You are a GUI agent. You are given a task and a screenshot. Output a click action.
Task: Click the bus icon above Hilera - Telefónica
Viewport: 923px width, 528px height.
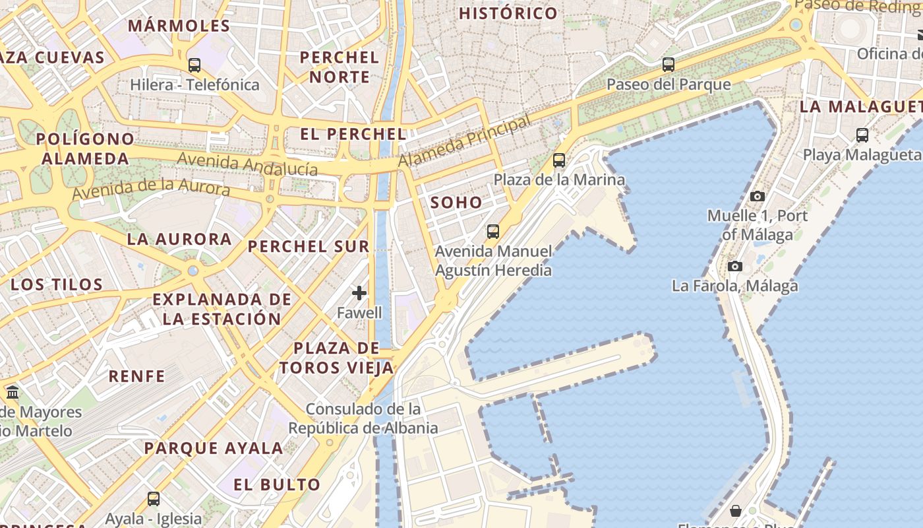[194, 65]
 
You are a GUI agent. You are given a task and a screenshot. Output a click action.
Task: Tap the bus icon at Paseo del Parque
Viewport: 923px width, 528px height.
[668, 65]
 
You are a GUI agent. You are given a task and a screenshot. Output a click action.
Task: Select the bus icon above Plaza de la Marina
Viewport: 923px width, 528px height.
[558, 160]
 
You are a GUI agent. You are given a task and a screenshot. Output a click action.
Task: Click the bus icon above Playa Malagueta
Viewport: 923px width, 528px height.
[862, 135]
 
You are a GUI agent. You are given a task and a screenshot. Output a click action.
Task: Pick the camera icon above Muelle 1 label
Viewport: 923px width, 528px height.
[757, 196]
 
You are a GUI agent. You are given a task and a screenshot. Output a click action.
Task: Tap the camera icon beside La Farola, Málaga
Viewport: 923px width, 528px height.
[734, 266]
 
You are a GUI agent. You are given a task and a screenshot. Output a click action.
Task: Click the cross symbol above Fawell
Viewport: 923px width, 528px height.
[359, 292]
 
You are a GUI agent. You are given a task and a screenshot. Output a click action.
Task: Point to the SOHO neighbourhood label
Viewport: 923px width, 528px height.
[456, 203]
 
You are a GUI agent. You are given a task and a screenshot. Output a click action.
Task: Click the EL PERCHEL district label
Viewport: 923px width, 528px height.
[353, 134]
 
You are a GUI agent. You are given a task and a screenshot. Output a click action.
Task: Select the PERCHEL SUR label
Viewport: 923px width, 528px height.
[308, 247]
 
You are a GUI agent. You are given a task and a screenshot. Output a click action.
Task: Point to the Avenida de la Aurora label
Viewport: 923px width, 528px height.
[151, 189]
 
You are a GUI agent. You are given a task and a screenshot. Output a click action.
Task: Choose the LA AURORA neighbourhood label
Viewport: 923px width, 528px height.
[179, 239]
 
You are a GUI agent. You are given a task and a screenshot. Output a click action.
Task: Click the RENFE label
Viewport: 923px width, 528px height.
[136, 376]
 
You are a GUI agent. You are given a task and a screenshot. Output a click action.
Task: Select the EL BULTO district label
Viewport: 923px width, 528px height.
[277, 484]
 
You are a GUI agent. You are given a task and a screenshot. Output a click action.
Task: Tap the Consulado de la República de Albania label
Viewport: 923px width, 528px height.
[363, 418]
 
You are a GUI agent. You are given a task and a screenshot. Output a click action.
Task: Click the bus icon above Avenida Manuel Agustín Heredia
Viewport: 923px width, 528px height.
[492, 231]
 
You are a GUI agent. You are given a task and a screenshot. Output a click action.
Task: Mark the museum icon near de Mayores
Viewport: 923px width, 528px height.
[13, 393]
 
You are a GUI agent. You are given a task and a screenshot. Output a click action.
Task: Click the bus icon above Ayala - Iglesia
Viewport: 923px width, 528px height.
[153, 498]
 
